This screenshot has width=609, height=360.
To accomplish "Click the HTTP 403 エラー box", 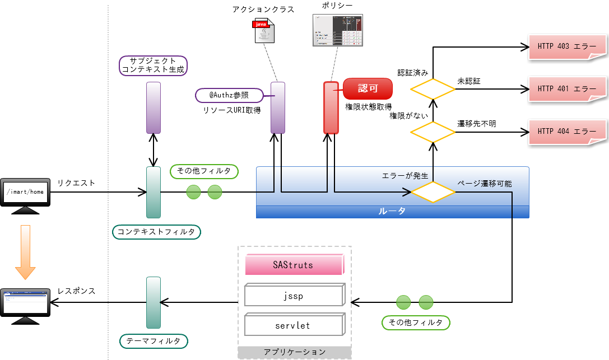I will pos(567,46).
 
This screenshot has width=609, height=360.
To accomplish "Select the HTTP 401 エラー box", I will pos(567,88).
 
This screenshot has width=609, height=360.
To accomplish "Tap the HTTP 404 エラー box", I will pos(567,132).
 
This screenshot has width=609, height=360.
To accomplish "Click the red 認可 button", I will pos(368,88).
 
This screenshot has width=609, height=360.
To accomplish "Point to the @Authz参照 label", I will pos(229,96).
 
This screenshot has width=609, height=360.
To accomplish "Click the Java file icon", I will pos(264,31).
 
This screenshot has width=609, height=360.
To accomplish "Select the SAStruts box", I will pos(294,265).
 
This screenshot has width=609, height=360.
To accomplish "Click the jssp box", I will pos(294,296).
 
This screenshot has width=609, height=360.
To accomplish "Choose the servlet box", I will pos(294,325).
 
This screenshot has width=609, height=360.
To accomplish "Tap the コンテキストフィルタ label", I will pos(157,232).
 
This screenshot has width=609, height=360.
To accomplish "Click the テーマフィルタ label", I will pos(154,341).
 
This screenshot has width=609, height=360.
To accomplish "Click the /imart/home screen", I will pos(25,193).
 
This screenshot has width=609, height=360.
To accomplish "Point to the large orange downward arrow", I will pos(25,251).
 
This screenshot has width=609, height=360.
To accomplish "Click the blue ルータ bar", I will pos(392,212).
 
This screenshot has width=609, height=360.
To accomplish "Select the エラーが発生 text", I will pos(405,176).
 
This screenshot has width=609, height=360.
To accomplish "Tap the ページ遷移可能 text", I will pos(484,183).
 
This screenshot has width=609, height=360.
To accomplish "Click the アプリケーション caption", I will pos(294,352).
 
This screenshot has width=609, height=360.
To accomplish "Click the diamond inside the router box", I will pos(433,191).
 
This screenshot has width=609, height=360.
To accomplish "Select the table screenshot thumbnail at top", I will pos(337,30).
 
